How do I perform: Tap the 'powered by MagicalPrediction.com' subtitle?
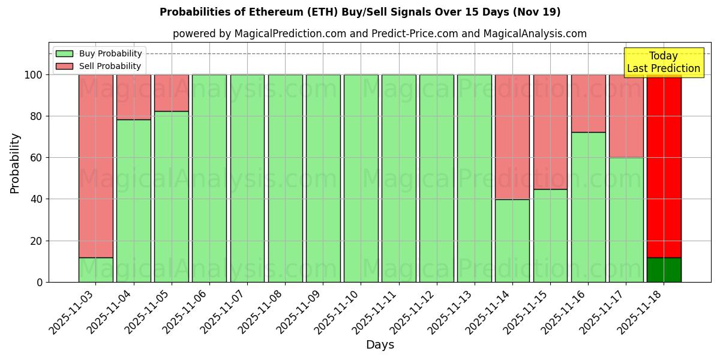click(x=379, y=34)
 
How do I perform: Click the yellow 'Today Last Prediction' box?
click(x=663, y=62)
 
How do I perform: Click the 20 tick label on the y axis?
click(x=37, y=241)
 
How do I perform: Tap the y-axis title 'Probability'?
click(x=15, y=163)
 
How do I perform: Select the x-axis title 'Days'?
click(x=380, y=345)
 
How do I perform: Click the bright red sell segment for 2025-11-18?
click(x=664, y=162)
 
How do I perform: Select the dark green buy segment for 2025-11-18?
click(x=664, y=269)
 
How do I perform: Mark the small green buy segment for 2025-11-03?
click(x=96, y=269)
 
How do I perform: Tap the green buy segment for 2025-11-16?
click(x=588, y=207)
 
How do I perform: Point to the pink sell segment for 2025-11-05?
click(x=172, y=93)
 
